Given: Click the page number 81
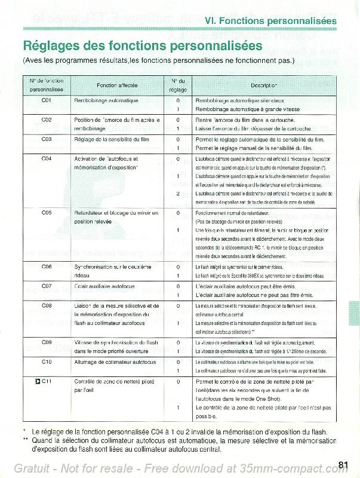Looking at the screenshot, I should pyautogui.click(x=342, y=465).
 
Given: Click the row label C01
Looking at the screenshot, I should pyautogui.click(x=47, y=100).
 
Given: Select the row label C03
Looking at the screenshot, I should pyautogui.click(x=47, y=139).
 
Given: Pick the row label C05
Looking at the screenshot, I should pyautogui.click(x=47, y=212).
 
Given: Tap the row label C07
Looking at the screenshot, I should pyautogui.click(x=47, y=286).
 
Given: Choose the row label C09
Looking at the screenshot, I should pyautogui.click(x=47, y=342).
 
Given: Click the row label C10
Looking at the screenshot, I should pyautogui.click(x=47, y=362).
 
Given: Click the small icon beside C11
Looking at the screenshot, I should pyautogui.click(x=37, y=381).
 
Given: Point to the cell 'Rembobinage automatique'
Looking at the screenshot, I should pyautogui.click(x=106, y=100).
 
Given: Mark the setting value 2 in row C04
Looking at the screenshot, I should pyautogui.click(x=178, y=194).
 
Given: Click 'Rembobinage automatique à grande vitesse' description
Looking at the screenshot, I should pyautogui.click(x=248, y=109).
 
